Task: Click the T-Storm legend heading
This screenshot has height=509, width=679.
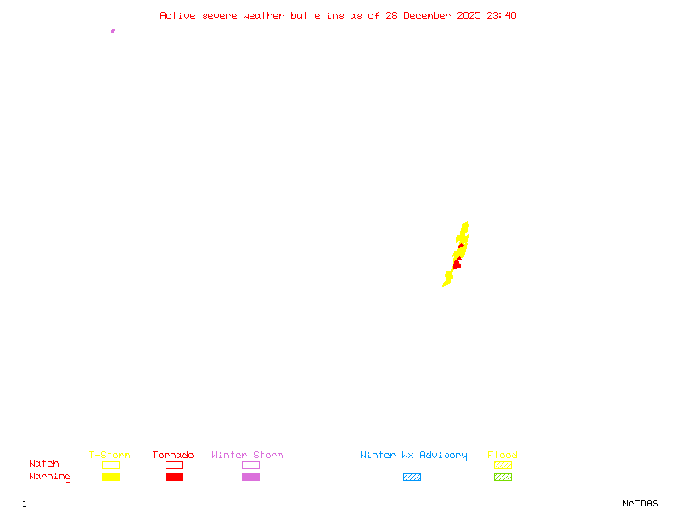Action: point(109,456)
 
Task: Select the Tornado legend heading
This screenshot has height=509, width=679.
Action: point(173,456)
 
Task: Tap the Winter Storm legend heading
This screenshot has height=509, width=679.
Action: point(247,456)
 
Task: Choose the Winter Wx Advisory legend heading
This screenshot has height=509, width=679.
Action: point(413,456)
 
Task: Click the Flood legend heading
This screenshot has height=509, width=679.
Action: point(502,456)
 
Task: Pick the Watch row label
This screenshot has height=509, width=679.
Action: point(44,464)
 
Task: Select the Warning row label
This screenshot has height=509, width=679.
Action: point(50,477)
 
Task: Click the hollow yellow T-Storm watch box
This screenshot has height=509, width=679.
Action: point(110,465)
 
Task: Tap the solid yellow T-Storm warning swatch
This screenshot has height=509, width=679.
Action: point(110,477)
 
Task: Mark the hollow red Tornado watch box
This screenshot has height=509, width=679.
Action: point(174,465)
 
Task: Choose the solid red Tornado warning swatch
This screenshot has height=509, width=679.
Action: point(174,477)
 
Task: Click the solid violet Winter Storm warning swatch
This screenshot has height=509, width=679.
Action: point(250,477)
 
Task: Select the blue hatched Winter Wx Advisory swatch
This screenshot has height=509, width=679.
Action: point(412,477)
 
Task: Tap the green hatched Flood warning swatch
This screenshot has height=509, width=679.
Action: point(502,477)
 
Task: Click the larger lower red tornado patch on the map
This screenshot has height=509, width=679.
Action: point(457,265)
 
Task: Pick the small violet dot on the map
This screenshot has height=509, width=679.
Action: point(113,31)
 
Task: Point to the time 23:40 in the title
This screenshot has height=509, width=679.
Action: point(502,15)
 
